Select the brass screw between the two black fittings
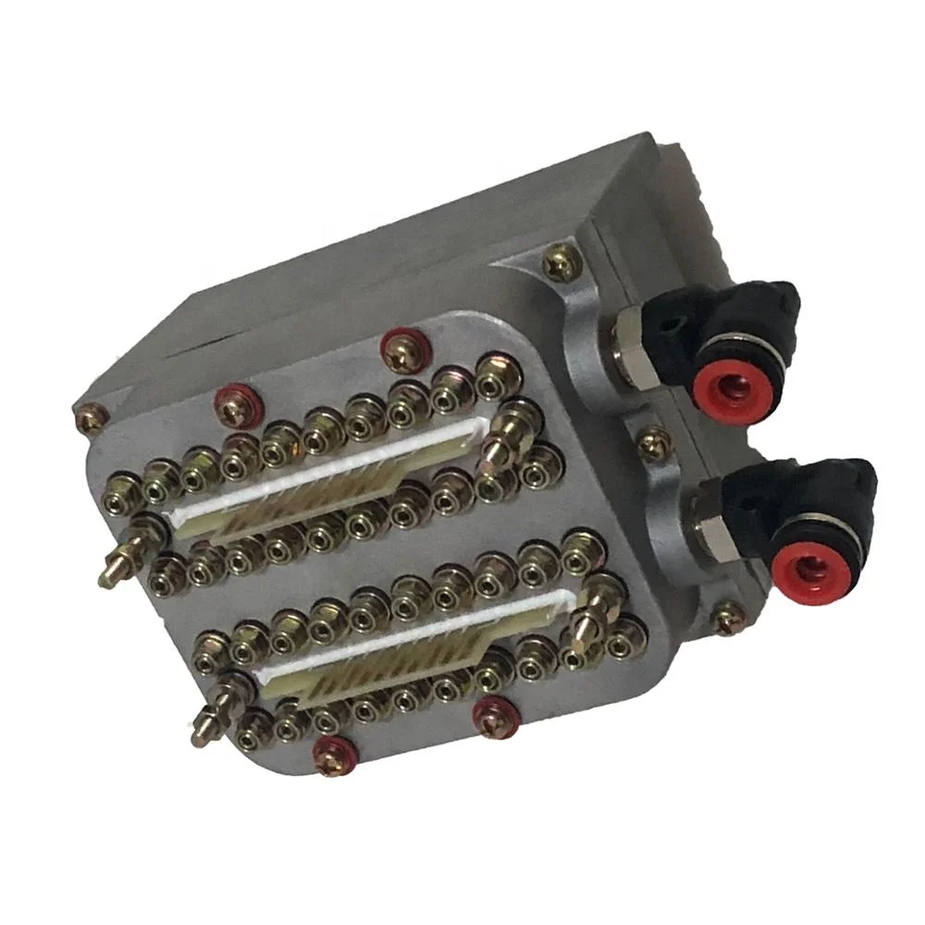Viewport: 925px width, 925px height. pos(652,442)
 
